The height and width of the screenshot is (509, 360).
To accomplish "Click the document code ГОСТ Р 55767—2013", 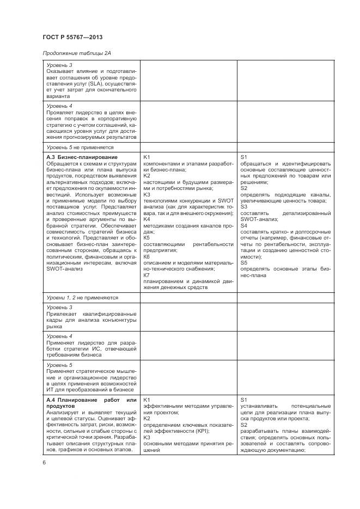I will pyautogui.click(x=72, y=37).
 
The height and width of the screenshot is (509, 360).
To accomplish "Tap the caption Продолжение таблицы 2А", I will pyautogui.click(x=78, y=53).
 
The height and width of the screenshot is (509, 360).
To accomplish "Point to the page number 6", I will pyautogui.click(x=44, y=462).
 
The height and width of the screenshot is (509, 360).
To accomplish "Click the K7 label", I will pyautogui.click(x=147, y=275).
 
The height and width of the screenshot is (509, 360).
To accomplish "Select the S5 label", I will pyautogui.click(x=244, y=262).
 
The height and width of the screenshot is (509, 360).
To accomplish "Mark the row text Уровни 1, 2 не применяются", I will pyautogui.click(x=82, y=298).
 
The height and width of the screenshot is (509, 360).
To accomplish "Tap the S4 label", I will pyautogui.click(x=244, y=225).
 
